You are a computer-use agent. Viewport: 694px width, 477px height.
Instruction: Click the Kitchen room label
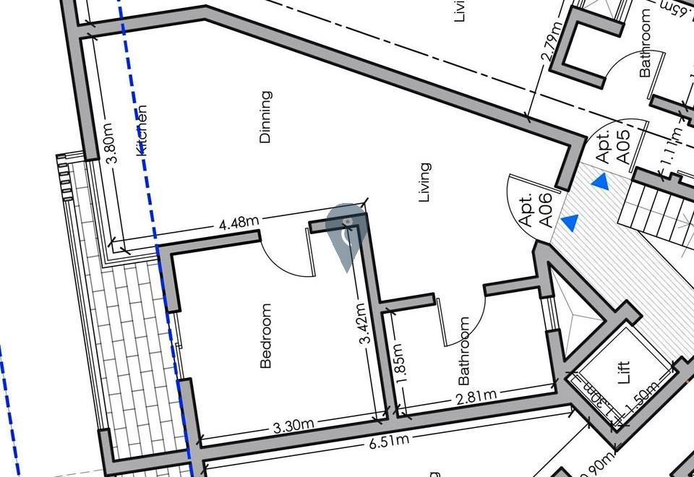pyautogui.click(x=142, y=131)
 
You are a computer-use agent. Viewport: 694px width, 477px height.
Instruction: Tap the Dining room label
pyautogui.click(x=265, y=116)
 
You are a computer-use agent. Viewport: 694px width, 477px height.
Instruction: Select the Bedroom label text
pyautogui.click(x=266, y=336)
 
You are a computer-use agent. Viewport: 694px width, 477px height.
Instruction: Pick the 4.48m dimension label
pyautogui.click(x=239, y=222)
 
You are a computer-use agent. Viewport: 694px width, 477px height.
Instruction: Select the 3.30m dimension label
pyautogui.click(x=294, y=426)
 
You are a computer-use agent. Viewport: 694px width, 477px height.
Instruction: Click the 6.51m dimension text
pyautogui.click(x=389, y=441)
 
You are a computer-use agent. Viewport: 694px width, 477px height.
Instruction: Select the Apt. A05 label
pyautogui.click(x=612, y=145)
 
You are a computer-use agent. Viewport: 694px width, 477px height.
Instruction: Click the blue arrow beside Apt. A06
pyautogui.click(x=570, y=223)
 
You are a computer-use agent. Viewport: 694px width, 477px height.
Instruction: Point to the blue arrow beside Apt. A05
pyautogui.click(x=599, y=182)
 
